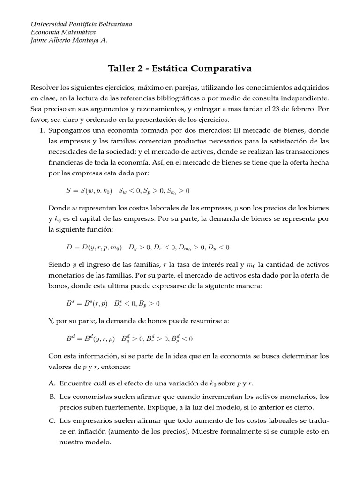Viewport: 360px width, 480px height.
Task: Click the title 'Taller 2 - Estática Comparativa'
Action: (180, 68)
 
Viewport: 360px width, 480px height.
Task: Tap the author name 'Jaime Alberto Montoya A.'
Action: (69, 40)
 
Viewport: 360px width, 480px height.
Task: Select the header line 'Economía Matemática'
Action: (63, 32)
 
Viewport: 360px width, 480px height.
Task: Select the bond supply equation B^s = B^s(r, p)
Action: (88, 304)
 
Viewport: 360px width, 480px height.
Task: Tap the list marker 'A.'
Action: (52, 382)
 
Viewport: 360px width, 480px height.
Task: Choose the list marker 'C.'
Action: (52, 420)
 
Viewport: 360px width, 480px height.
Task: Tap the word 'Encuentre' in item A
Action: (75, 382)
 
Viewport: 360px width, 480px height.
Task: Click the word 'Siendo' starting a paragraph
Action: (59, 264)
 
